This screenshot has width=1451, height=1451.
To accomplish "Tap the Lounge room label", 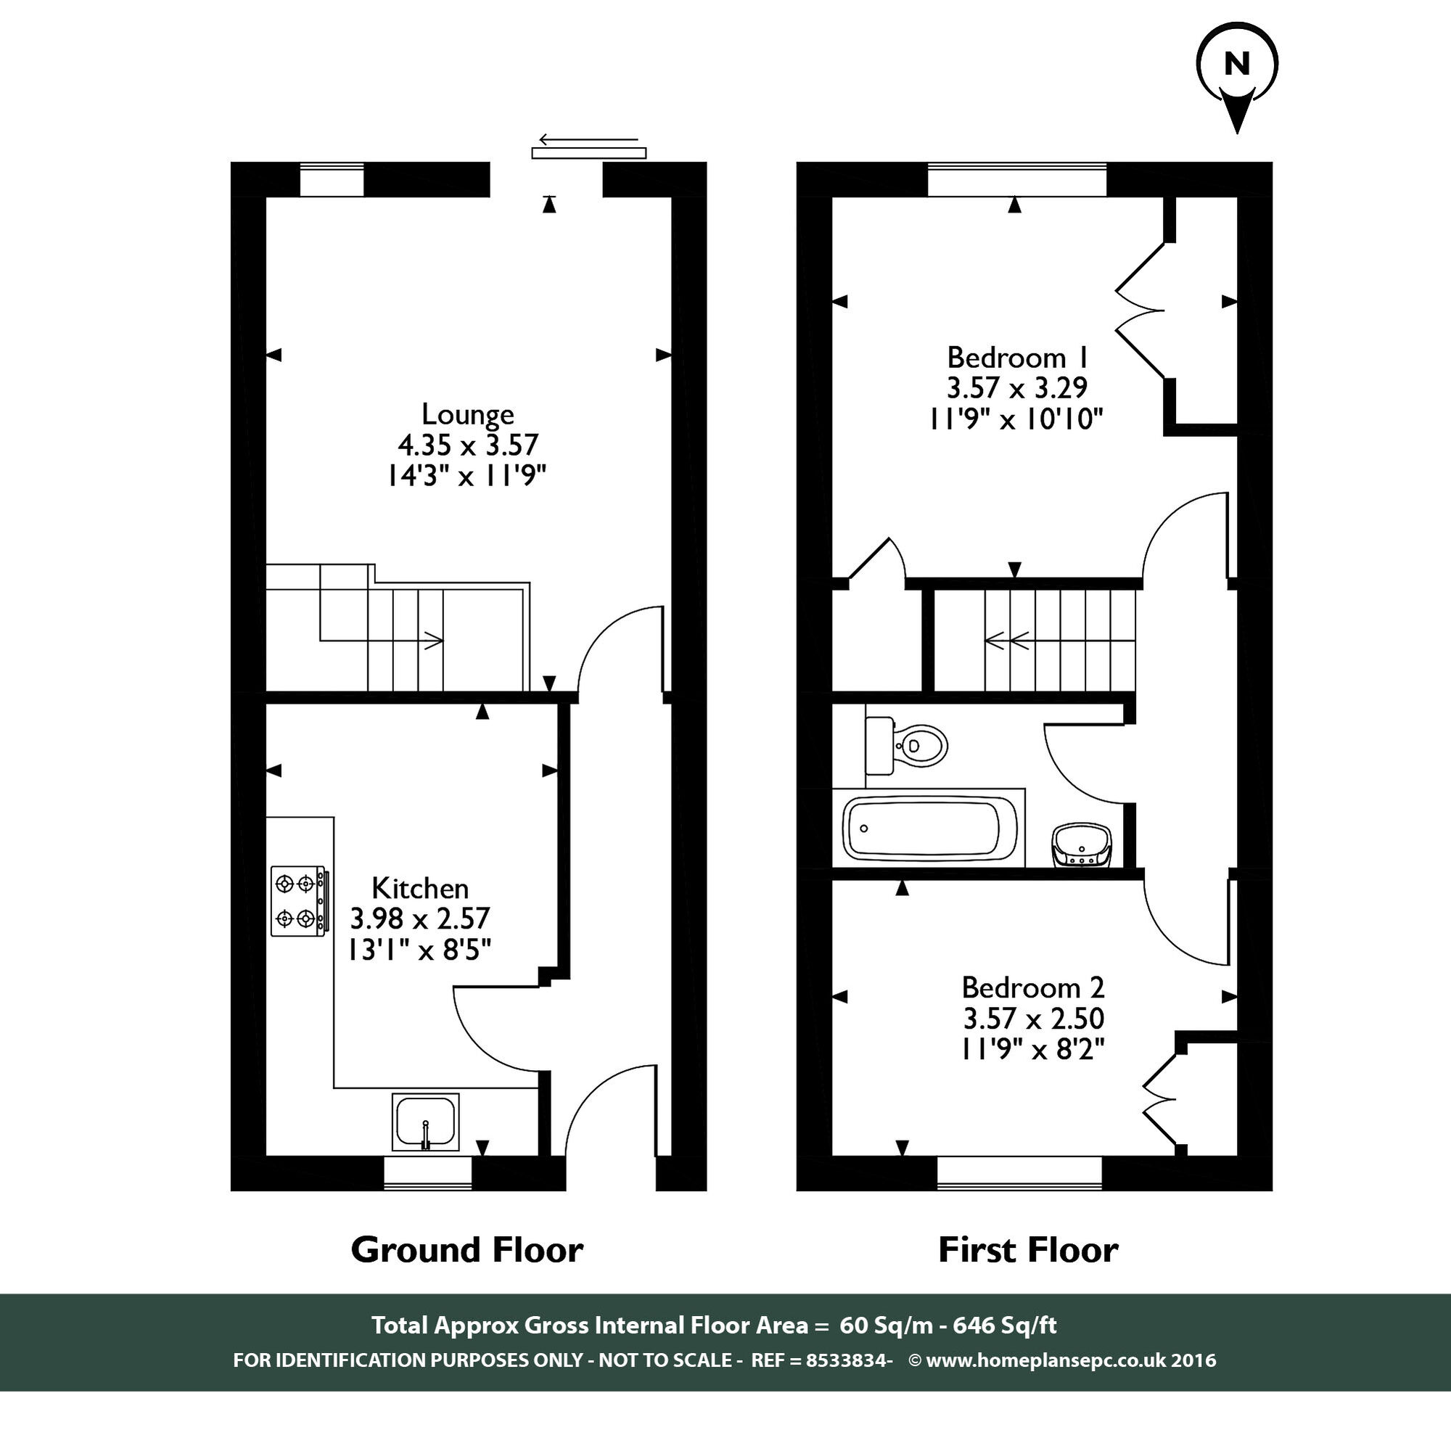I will point(467,414).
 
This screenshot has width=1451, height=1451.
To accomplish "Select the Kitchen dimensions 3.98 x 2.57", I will point(420,918).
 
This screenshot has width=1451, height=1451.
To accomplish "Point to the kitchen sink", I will point(425,1122).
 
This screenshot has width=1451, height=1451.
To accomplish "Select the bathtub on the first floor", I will point(929,829).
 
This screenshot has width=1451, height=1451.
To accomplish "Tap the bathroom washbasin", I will point(1081,845).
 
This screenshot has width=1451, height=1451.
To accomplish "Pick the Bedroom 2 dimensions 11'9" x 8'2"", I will point(1033,1048).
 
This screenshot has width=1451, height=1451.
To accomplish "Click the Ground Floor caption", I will point(466,1250).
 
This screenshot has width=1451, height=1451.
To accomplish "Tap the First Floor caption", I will point(1028,1250).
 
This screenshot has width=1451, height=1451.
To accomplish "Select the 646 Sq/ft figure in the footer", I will point(1004,1325).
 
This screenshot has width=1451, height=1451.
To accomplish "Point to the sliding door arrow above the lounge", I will point(589,140).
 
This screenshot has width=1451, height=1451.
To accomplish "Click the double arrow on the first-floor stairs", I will point(1008,641).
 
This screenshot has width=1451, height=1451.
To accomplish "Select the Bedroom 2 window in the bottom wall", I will point(1019,1172).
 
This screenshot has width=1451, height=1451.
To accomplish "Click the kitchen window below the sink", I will point(427,1172).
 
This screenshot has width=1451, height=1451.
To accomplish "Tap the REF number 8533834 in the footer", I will point(847,1360).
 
